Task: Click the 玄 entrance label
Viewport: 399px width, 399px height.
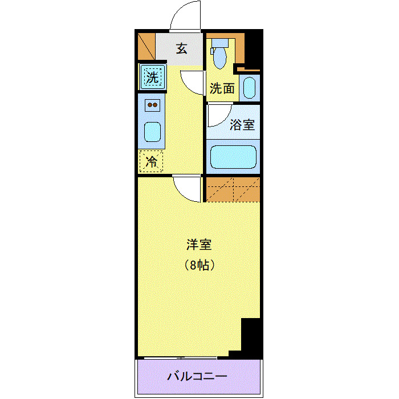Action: tap(181, 48)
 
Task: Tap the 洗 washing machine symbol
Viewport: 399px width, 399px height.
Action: tap(152, 78)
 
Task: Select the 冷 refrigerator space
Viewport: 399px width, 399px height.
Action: tap(152, 161)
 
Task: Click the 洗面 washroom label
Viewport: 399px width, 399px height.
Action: tap(222, 88)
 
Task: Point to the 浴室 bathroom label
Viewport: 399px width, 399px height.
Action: tap(242, 125)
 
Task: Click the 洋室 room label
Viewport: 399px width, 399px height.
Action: tap(199, 245)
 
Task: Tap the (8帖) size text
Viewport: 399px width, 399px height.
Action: tap(199, 264)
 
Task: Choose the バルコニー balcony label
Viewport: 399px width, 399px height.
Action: tap(198, 377)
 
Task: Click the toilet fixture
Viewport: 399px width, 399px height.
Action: tap(219, 54)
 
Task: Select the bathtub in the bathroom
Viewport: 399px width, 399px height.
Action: tap(234, 157)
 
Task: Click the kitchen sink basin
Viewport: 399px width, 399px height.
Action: tap(152, 132)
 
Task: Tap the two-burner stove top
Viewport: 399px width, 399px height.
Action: tap(152, 105)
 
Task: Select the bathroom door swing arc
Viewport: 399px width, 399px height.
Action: tap(218, 116)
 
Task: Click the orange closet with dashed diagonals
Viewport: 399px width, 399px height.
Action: tap(233, 189)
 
